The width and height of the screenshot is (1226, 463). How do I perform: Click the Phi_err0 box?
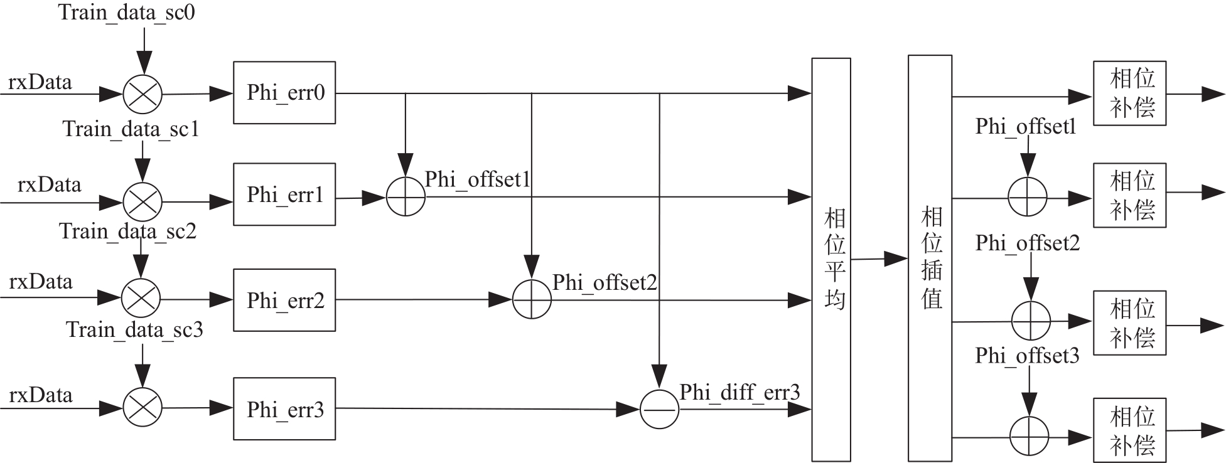284,93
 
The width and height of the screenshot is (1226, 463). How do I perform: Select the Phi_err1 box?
284,194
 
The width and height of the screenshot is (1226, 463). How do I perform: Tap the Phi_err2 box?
284,301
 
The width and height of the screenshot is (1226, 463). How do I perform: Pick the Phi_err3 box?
284,409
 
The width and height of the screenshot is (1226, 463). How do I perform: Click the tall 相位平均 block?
831,260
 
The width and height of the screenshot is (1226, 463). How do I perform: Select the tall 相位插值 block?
930,257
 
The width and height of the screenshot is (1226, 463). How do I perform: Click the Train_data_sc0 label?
127,13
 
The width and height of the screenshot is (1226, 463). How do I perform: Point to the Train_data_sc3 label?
135,330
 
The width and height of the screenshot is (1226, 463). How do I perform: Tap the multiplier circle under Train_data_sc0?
142,95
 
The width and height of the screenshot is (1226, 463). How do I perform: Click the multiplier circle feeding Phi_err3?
142,408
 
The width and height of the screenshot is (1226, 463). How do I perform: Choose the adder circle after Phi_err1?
406,197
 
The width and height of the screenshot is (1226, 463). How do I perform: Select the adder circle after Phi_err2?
532,300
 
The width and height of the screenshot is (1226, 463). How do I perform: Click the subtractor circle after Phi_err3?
659,410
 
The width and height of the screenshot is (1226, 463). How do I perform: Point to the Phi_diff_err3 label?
739,393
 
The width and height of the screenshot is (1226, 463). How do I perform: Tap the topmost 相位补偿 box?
1129,93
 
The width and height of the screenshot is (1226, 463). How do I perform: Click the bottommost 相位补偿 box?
1129,430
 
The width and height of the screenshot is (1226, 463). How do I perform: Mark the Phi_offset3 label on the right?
1027,356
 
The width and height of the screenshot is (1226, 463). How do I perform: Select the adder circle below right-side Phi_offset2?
1031,321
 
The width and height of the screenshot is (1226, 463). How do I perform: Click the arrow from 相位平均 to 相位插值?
879,258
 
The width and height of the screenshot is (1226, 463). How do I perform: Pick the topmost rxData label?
40,82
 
